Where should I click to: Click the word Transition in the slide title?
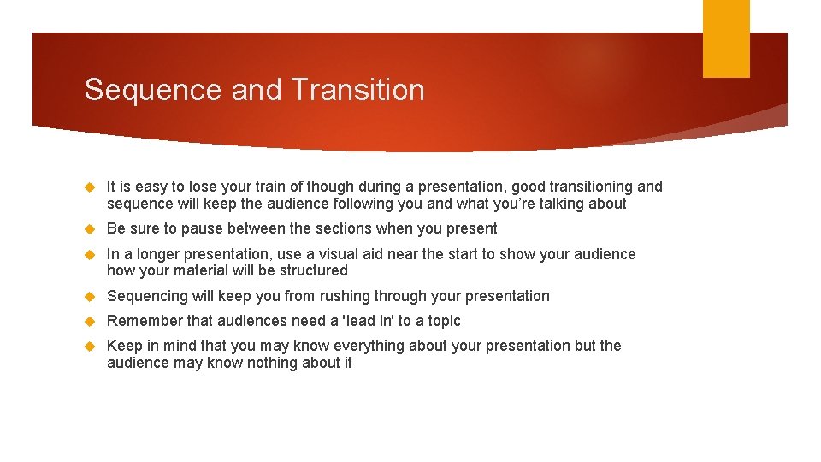(x=357, y=90)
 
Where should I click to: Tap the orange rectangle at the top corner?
(x=726, y=38)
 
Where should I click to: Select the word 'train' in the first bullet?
(x=272, y=187)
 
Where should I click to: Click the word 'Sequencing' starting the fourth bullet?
(x=146, y=296)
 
